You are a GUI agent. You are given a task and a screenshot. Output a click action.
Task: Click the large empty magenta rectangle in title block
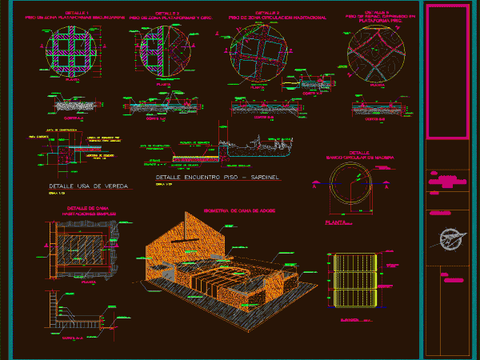(x=447, y=72)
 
